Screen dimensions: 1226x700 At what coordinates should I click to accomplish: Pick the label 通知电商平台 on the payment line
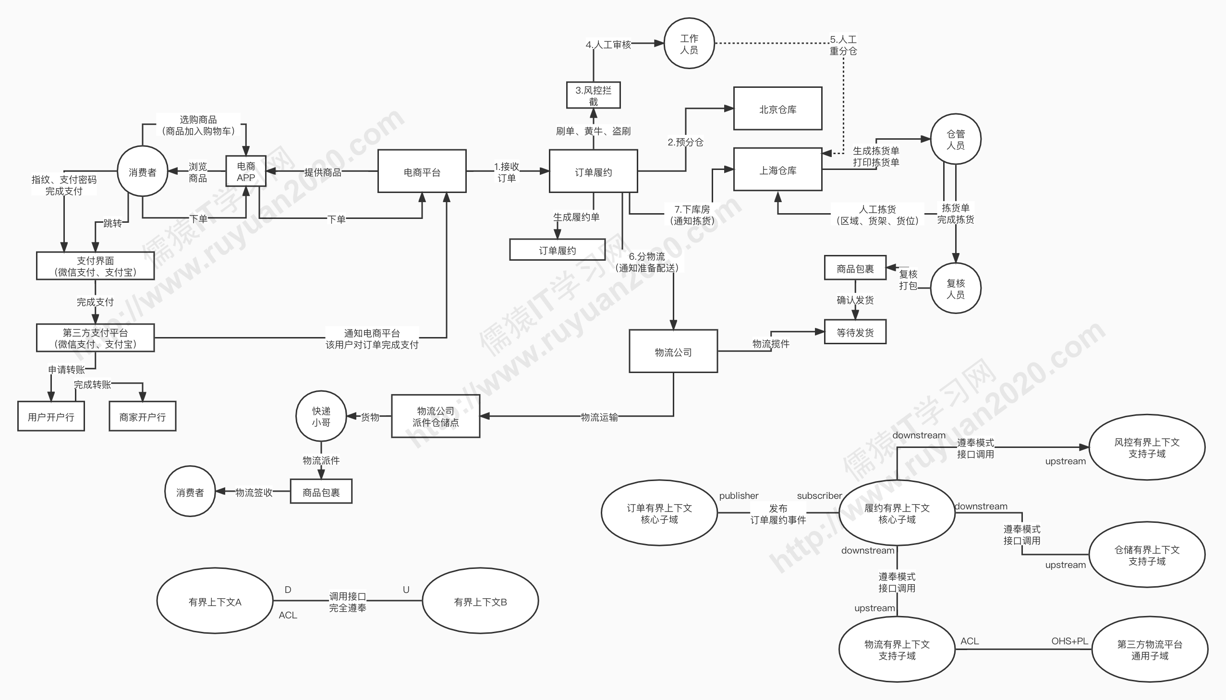tap(372, 333)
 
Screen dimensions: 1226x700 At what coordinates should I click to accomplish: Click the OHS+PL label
tap(1069, 641)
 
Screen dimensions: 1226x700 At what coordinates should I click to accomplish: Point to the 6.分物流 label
tap(647, 256)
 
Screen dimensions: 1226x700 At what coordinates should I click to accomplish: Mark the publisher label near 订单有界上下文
tap(739, 495)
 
